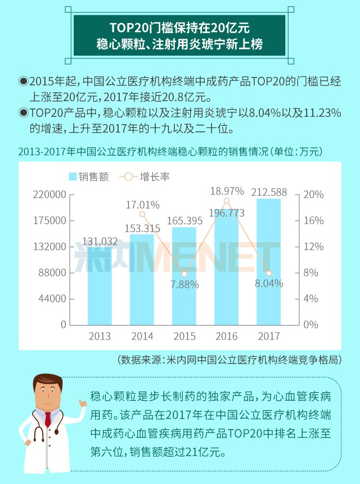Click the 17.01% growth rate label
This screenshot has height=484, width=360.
coord(142,204)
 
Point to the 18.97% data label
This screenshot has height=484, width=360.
coord(227,191)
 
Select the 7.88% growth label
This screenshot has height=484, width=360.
coord(184,284)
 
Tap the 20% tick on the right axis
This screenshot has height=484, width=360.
coord(315,195)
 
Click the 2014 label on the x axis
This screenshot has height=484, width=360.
coord(142,336)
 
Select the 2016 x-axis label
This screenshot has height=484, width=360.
coord(227,336)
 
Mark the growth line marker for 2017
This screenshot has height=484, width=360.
coord(269,273)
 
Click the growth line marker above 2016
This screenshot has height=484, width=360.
coord(227,201)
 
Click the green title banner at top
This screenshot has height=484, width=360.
coord(180,35)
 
